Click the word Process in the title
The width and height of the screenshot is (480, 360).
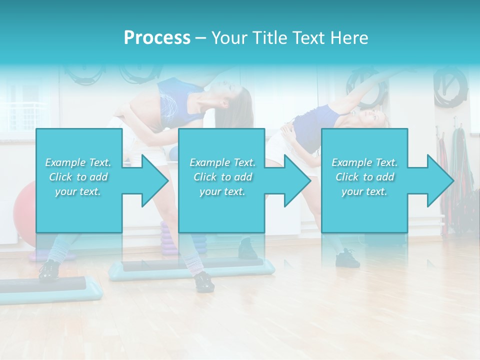tap(157, 37)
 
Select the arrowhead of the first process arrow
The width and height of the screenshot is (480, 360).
tap(155, 180)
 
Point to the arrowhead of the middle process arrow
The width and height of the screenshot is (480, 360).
tap(297, 180)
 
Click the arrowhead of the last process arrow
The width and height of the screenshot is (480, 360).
tap(440, 180)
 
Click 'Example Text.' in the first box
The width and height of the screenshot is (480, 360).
tap(78, 162)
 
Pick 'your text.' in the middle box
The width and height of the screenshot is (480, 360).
tap(222, 191)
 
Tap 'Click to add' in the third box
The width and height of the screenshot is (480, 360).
tap(364, 177)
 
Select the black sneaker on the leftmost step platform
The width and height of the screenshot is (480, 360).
tap(48, 270)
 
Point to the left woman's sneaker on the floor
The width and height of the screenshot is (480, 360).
tap(204, 281)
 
